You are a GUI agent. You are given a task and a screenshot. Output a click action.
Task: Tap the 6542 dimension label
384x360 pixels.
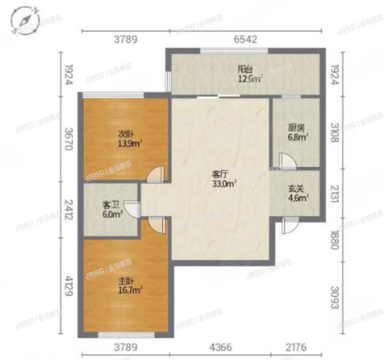click(245, 39)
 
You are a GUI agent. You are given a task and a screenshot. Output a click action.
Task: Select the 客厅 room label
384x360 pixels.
click(218, 175)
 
